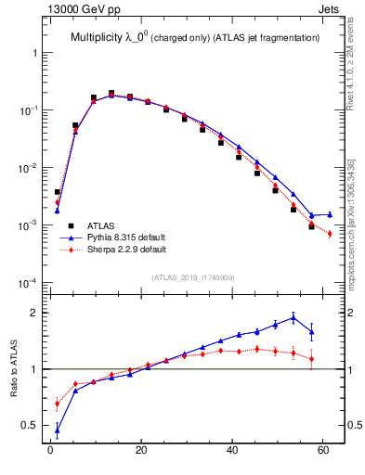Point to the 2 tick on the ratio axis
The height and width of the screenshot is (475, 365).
pyautogui.click(x=35, y=313)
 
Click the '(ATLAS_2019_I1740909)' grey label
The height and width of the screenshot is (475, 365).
pyautogui.click(x=192, y=277)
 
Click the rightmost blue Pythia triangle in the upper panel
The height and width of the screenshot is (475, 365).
pyautogui.click(x=330, y=214)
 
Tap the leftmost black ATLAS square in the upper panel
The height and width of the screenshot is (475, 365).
pyautogui.click(x=58, y=192)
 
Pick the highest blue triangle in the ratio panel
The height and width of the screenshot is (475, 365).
pyautogui.click(x=293, y=317)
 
